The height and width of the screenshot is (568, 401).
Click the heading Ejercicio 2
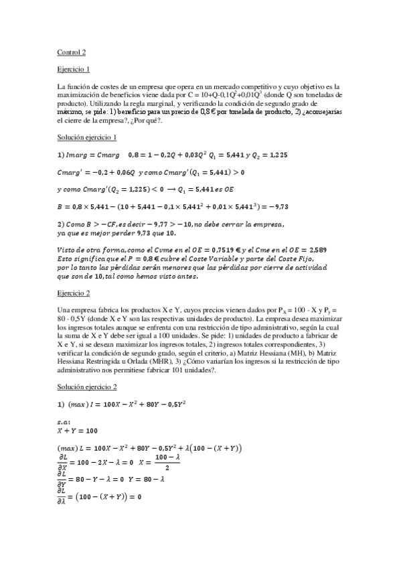pos(74,293)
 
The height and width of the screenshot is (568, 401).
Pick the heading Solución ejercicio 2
pos(87,388)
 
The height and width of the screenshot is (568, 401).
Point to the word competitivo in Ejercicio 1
pos(251,86)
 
